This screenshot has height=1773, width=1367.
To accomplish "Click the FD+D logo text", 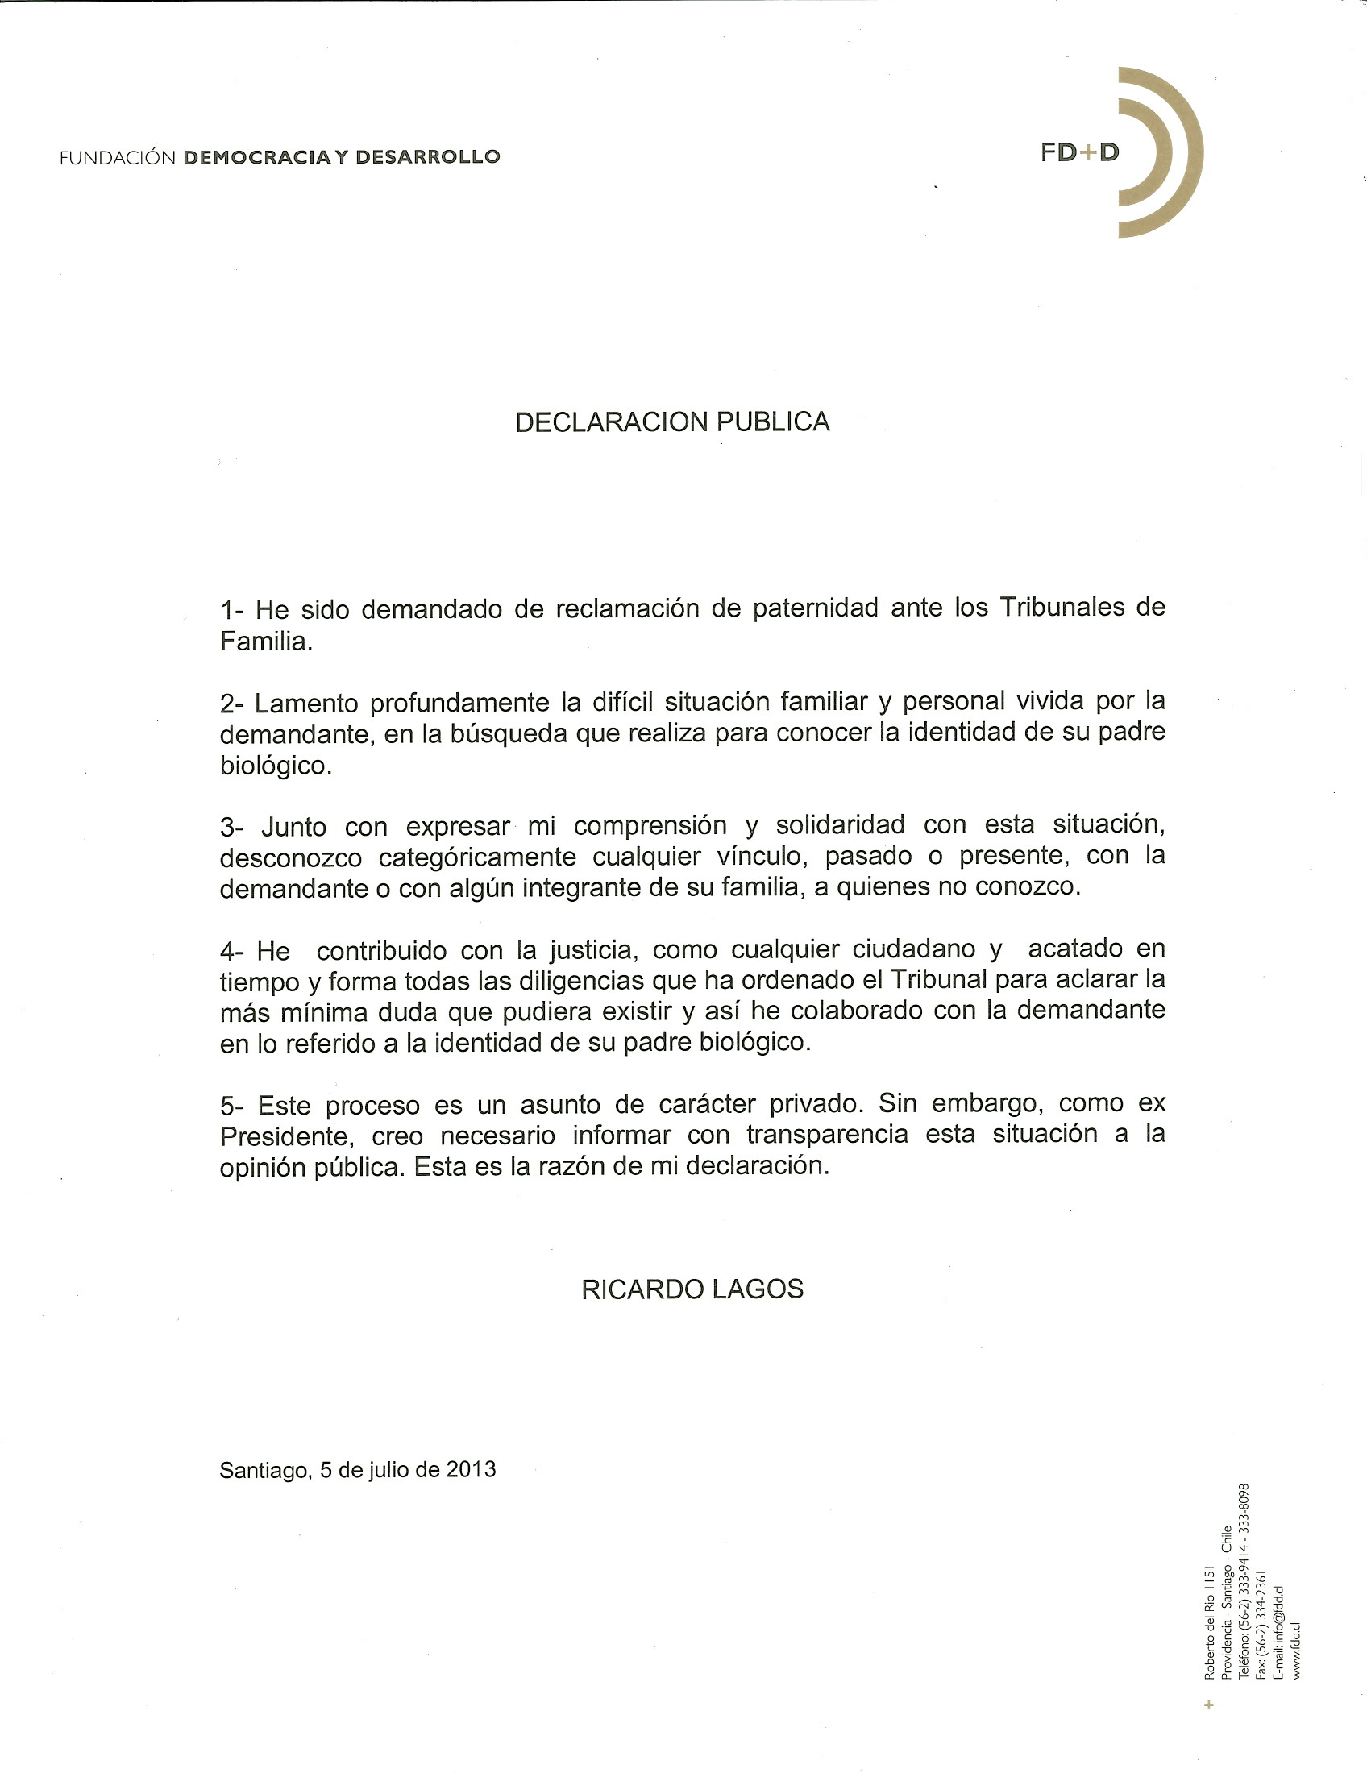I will click(x=1079, y=152).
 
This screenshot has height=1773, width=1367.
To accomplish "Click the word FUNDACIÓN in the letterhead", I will click(x=118, y=157).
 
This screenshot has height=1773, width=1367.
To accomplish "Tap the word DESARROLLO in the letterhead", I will click(x=428, y=156).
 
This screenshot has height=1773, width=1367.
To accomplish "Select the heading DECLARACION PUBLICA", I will click(x=672, y=422).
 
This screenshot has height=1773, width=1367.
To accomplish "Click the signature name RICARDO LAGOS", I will click(x=692, y=1289).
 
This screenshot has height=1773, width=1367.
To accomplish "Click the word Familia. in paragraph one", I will click(x=266, y=642).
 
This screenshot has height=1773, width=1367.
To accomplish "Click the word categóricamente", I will click(x=478, y=857).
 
